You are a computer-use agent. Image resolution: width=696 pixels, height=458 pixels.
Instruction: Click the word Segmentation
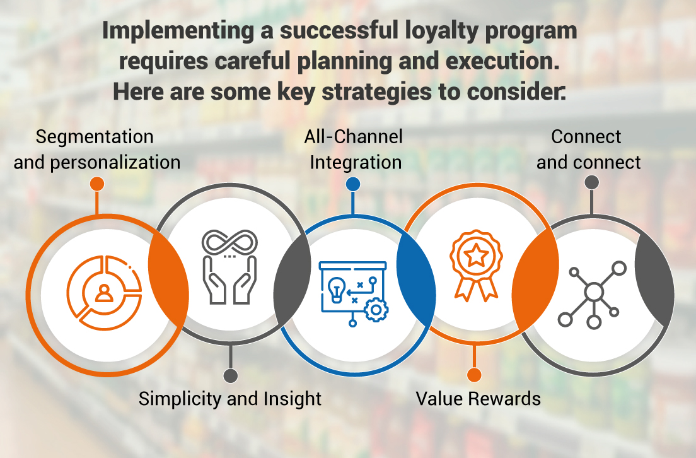pyautogui.click(x=95, y=137)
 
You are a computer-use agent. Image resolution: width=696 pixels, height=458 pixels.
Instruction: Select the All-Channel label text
pyautogui.click(x=353, y=136)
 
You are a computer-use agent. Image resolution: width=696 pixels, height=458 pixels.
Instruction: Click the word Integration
pyautogui.click(x=356, y=162)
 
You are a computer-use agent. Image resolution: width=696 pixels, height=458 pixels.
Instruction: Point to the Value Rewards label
pyautogui.click(x=478, y=399)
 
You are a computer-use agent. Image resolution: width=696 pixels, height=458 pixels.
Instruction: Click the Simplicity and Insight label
pyautogui.click(x=230, y=399)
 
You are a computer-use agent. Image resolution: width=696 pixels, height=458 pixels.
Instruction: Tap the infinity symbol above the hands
pyautogui.click(x=230, y=242)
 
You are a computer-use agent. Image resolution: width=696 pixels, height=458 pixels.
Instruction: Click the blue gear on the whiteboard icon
pyautogui.click(x=376, y=310)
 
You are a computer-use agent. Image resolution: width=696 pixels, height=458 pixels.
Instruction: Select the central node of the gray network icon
pyautogui.click(x=594, y=292)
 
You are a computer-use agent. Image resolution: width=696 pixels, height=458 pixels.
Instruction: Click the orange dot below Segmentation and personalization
pyautogui.click(x=96, y=184)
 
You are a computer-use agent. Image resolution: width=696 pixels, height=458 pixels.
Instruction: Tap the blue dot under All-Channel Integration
pyautogui.click(x=353, y=184)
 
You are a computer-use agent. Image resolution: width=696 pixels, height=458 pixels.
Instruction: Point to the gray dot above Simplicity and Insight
pyautogui.click(x=231, y=376)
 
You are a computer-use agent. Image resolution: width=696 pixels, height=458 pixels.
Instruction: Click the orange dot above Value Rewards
pyautogui.click(x=474, y=375)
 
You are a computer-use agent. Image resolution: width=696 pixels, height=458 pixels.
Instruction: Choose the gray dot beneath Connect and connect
pyautogui.click(x=591, y=183)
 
